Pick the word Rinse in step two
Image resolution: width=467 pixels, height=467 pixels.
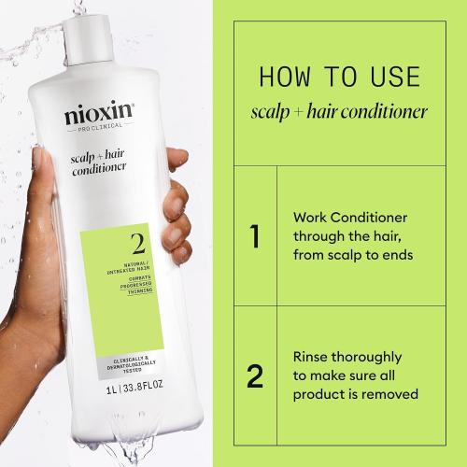pyautogui.click(x=313, y=357)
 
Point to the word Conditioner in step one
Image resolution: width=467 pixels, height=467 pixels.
pyautogui.click(x=371, y=216)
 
